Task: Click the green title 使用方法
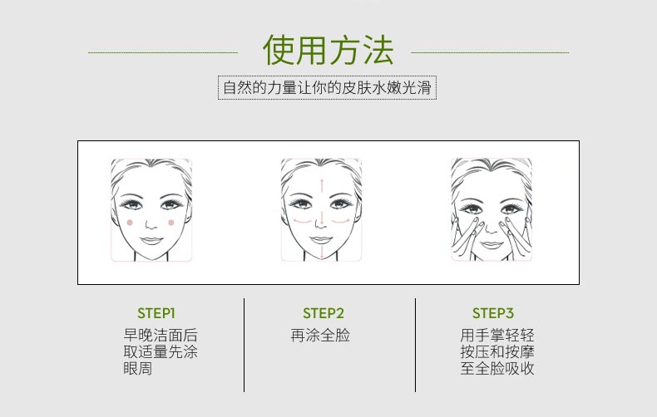(x=328, y=51)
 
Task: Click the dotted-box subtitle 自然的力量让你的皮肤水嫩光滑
(x=328, y=87)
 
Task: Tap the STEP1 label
(x=156, y=313)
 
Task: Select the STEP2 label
(x=324, y=313)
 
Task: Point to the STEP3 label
(x=493, y=313)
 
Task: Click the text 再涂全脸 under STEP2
(x=320, y=336)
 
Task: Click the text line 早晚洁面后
(x=161, y=336)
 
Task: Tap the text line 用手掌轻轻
(x=497, y=336)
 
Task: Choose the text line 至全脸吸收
(x=497, y=368)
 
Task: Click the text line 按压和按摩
(x=497, y=352)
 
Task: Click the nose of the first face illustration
(x=151, y=223)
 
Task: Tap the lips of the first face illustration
(x=151, y=239)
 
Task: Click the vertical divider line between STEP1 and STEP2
(x=244, y=345)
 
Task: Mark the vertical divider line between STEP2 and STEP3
(x=415, y=345)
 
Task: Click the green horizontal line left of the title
(x=163, y=52)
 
